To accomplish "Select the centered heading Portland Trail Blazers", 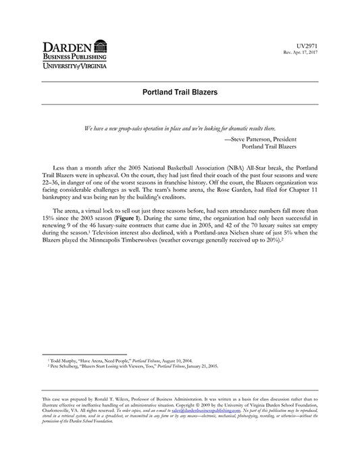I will [180, 93].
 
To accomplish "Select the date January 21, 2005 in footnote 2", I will [199, 368].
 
